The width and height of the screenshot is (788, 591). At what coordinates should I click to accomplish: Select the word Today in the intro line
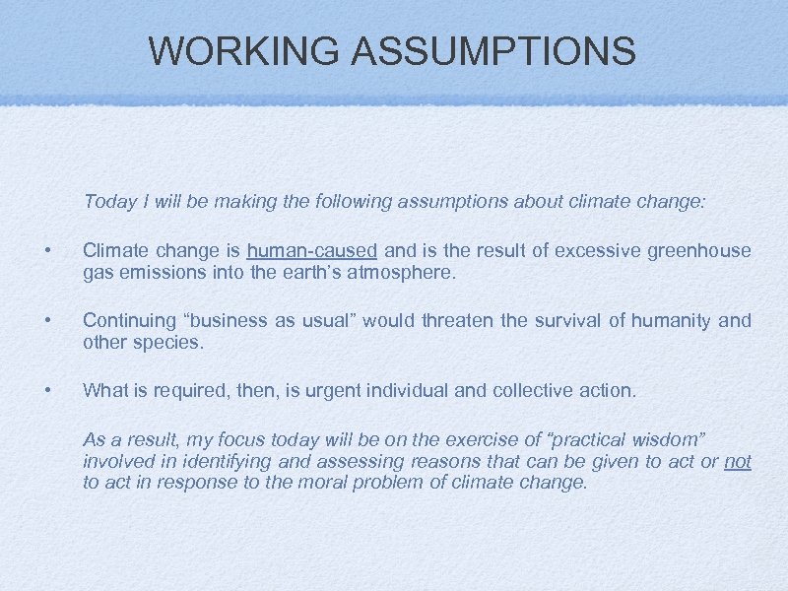(x=109, y=202)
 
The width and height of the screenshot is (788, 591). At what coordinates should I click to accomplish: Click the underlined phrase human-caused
(x=312, y=251)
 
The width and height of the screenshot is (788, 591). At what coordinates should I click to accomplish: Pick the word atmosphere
(x=402, y=273)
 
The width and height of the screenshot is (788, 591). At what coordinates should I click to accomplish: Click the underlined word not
(x=738, y=461)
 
